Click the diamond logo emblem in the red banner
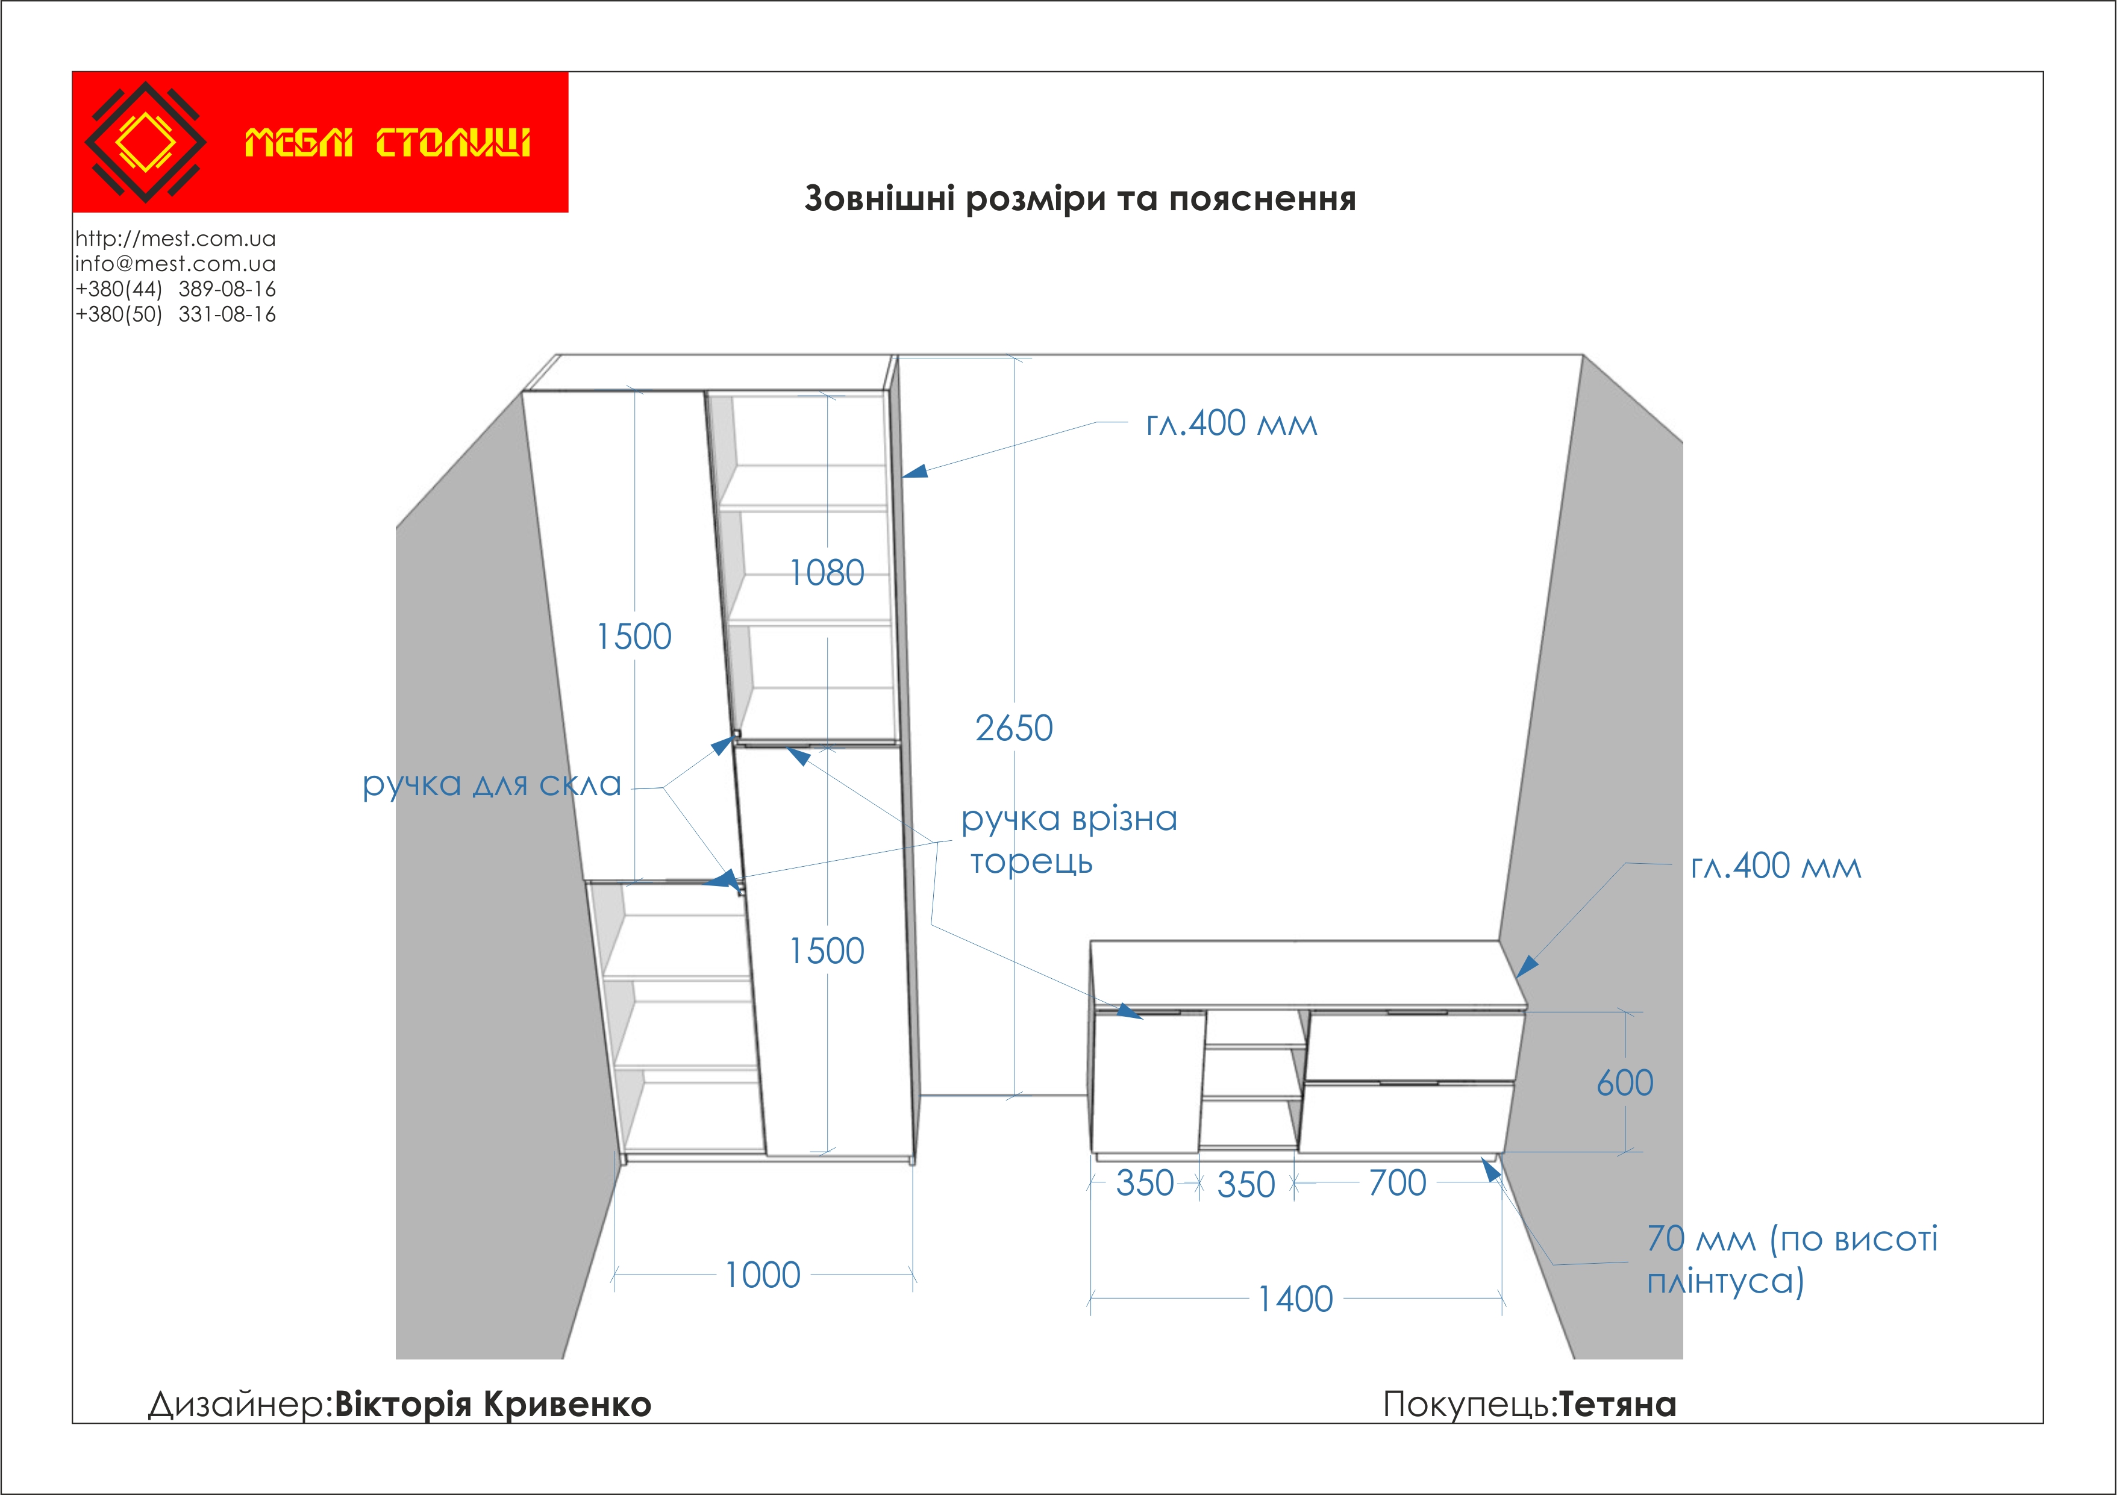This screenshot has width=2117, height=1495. [x=145, y=143]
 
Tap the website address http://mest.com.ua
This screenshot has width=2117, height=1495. [x=175, y=239]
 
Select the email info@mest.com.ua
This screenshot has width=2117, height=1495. [x=175, y=264]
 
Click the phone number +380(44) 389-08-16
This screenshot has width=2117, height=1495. [x=175, y=289]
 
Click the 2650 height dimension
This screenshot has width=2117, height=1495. [x=1013, y=729]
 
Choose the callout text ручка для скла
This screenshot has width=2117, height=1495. [x=492, y=784]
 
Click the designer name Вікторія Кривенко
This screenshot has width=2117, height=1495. [x=492, y=1405]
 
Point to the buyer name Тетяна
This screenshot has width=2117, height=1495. [x=1617, y=1405]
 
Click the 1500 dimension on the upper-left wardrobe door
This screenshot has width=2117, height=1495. [x=634, y=637]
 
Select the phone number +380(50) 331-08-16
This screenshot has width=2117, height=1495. [x=175, y=314]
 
